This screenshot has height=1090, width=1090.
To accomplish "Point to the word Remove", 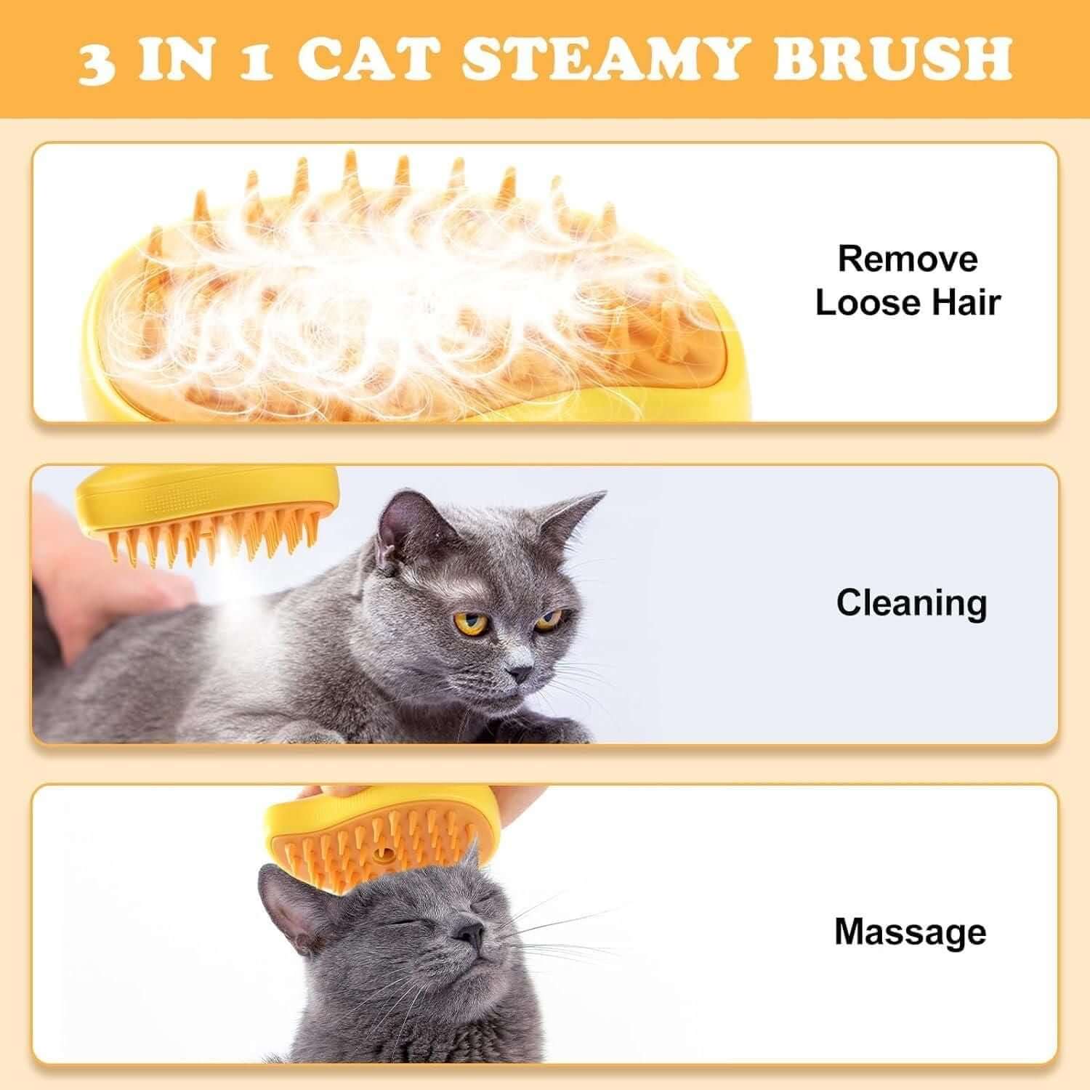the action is click(x=908, y=259).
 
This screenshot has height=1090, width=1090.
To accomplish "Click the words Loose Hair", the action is click(x=908, y=303).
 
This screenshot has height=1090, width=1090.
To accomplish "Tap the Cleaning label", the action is click(x=911, y=602).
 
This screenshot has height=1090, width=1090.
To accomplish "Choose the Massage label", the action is click(x=911, y=932).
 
